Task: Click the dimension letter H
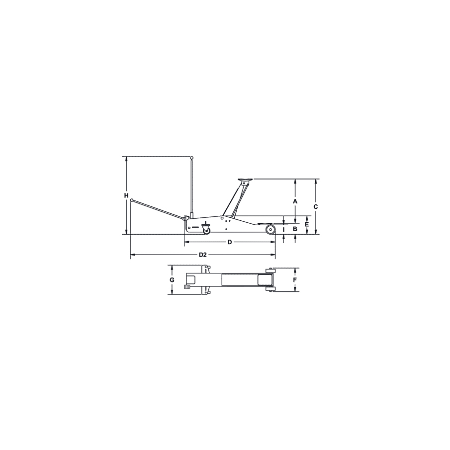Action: (x=126, y=195)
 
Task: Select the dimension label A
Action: (x=295, y=201)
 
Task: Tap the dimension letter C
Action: (x=316, y=205)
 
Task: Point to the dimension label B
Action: (x=295, y=229)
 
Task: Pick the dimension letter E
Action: (x=307, y=225)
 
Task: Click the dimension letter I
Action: (x=283, y=229)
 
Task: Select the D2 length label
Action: (x=202, y=255)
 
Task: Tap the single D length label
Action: (x=229, y=242)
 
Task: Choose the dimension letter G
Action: (x=172, y=280)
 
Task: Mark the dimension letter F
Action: (x=294, y=280)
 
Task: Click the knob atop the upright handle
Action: (x=191, y=158)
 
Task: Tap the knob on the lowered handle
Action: (x=132, y=200)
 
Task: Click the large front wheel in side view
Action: (x=270, y=230)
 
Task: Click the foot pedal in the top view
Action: (x=188, y=286)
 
